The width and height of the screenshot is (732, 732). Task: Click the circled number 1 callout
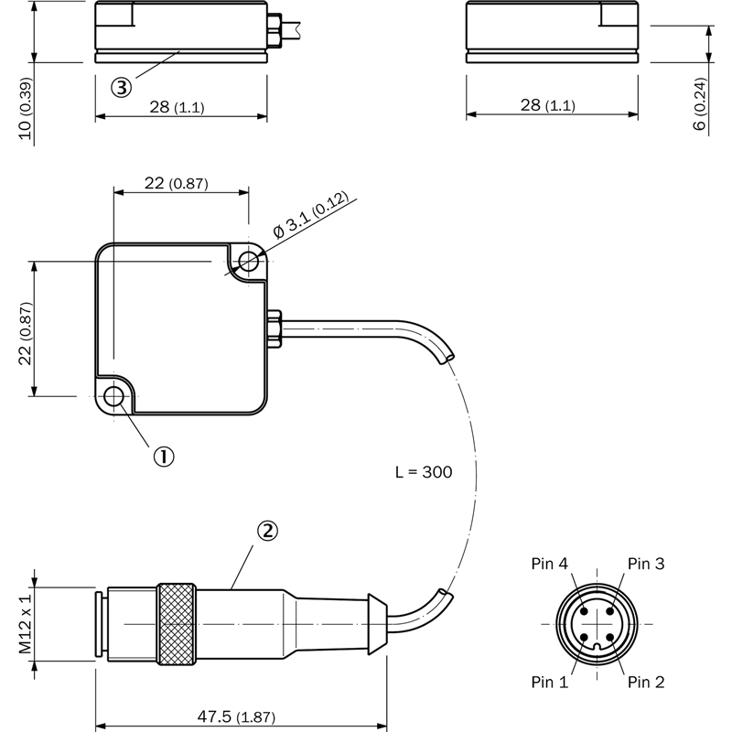(x=162, y=456)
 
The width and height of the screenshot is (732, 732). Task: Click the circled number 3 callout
(x=121, y=87)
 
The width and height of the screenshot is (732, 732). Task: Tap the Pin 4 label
(x=550, y=564)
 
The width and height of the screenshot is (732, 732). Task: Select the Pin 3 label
(x=646, y=564)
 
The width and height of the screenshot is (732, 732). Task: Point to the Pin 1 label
(x=550, y=682)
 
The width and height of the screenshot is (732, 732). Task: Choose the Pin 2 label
(x=646, y=682)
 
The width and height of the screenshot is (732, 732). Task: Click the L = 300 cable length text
(x=424, y=473)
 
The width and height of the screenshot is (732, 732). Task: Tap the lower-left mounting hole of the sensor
(x=114, y=397)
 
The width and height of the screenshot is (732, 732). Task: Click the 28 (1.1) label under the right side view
(x=547, y=106)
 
